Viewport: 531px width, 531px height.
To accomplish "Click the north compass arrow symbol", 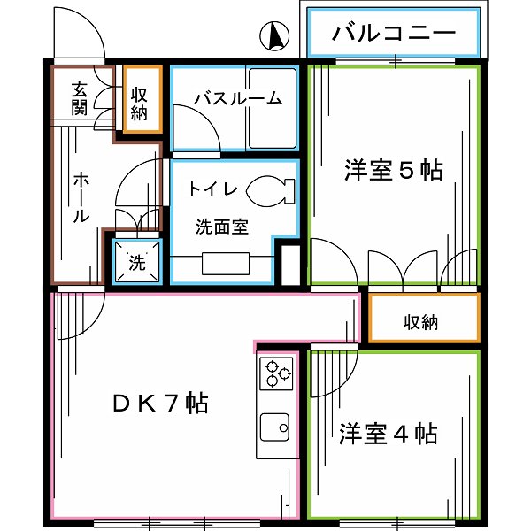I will [x=276, y=36].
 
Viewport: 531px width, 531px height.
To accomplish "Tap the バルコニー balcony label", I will [x=395, y=35].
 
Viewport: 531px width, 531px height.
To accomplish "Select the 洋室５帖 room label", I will [x=394, y=170].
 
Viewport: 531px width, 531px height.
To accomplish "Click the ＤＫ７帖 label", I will [x=160, y=404].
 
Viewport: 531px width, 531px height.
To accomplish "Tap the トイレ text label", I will [x=211, y=189].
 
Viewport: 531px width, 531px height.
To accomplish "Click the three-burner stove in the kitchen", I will [x=276, y=372].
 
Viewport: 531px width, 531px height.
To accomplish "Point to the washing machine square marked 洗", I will [x=137, y=262].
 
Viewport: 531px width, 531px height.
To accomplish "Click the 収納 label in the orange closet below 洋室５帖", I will [x=422, y=322].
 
